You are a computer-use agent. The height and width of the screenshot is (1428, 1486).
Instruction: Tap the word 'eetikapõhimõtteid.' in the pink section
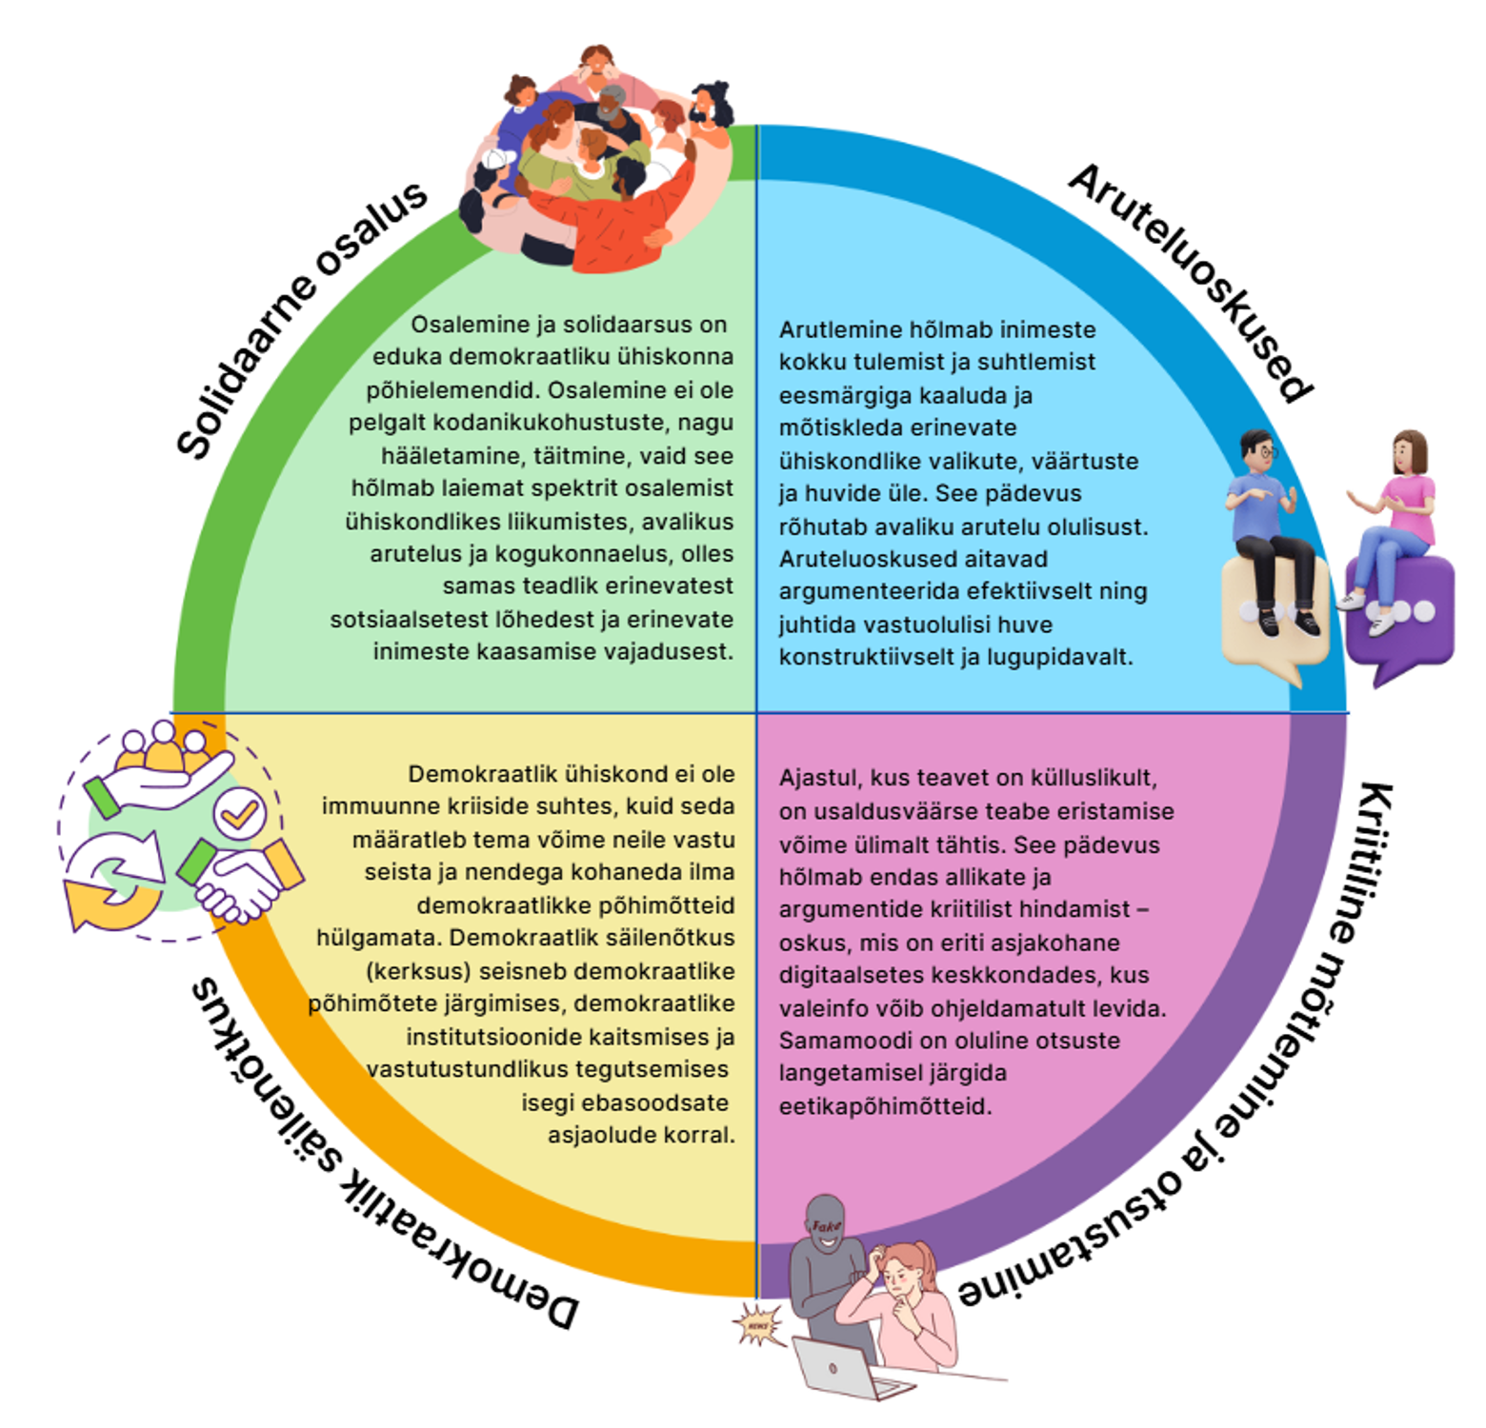click(885, 1106)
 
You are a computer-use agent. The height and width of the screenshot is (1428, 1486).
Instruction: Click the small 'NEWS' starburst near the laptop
click(758, 1324)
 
